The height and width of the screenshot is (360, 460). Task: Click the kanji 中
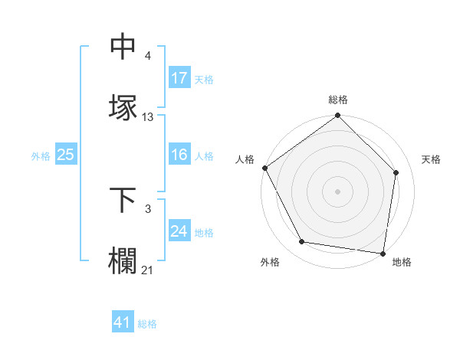(124, 47)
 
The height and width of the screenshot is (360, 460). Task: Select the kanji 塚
(124, 107)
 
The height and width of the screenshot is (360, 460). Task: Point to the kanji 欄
(124, 260)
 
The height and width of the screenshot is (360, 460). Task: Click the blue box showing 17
(179, 78)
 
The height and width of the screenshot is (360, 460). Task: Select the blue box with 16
(179, 155)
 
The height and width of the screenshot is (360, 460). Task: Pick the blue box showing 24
(179, 231)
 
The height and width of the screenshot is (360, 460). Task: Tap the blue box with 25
(65, 155)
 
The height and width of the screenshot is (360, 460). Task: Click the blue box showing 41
(123, 323)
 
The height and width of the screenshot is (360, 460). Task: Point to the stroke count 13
(148, 117)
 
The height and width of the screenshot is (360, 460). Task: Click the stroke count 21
(148, 270)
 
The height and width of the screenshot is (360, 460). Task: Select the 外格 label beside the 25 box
(40, 156)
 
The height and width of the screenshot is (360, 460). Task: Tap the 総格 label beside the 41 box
(147, 324)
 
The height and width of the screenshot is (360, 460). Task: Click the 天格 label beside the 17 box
(204, 79)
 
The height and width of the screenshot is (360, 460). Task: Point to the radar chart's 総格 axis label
(338, 100)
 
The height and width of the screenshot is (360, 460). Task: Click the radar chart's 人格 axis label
(245, 159)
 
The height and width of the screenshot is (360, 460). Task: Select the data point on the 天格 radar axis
(396, 172)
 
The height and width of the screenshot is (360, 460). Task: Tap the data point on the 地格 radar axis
(383, 253)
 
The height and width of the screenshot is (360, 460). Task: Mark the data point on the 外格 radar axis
(302, 242)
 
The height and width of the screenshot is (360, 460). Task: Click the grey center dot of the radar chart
(337, 191)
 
